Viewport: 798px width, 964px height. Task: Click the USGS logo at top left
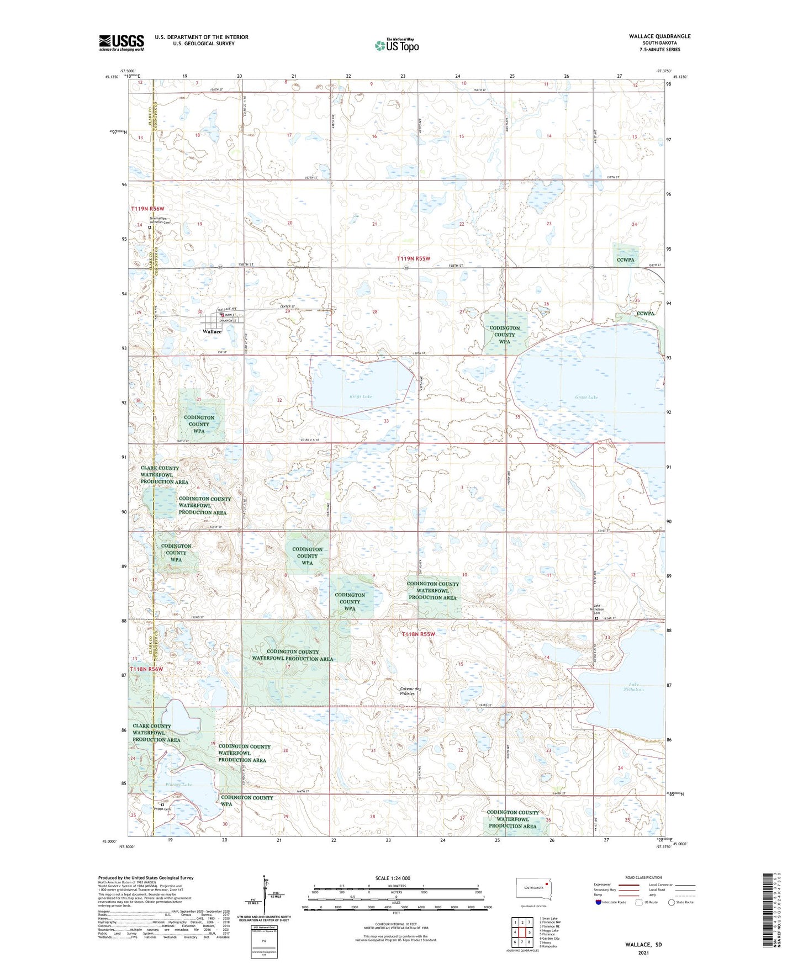click(x=121, y=43)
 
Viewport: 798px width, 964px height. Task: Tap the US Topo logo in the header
click(x=397, y=45)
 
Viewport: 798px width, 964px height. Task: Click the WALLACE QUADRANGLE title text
click(x=659, y=36)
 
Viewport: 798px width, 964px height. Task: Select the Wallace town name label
click(x=212, y=332)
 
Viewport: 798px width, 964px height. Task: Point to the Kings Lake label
click(x=361, y=396)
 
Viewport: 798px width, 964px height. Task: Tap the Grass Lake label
click(x=586, y=397)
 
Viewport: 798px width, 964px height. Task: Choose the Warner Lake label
click(x=178, y=785)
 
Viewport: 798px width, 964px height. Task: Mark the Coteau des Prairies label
click(x=410, y=691)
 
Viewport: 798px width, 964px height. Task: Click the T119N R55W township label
click(x=413, y=258)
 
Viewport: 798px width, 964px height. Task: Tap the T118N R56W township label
click(x=146, y=669)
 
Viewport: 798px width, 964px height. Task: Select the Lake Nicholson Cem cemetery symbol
click(x=596, y=619)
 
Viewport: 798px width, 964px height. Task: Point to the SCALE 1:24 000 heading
click(x=392, y=878)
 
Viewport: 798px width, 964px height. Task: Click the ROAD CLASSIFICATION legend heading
click(x=643, y=877)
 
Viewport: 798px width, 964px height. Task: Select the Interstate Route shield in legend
click(x=599, y=902)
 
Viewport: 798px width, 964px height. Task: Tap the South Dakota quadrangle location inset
click(x=533, y=888)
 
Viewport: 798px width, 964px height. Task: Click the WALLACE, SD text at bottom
click(x=643, y=945)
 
